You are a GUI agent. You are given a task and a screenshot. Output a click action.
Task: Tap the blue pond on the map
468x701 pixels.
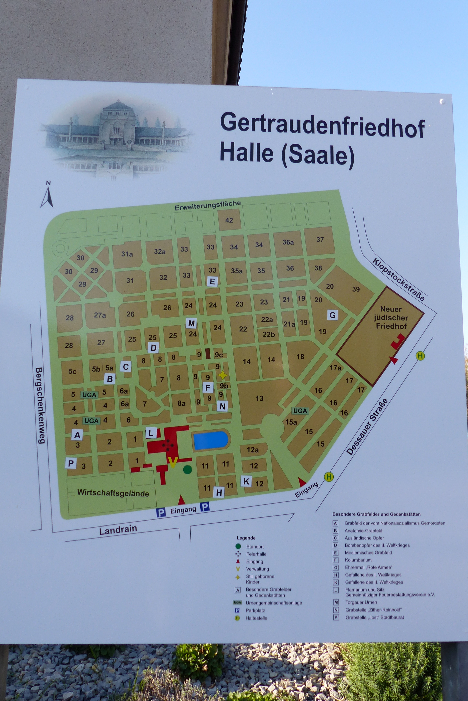click(211, 440)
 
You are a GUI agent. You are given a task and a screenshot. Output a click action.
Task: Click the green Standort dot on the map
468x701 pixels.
click(187, 470)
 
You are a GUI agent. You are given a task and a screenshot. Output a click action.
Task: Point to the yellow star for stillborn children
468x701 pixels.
click(223, 375)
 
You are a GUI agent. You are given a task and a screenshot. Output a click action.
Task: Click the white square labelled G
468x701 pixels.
click(333, 315)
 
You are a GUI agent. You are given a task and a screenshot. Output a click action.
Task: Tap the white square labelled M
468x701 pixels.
click(191, 323)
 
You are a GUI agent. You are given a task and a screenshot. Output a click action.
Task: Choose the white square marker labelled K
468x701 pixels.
click(246, 481)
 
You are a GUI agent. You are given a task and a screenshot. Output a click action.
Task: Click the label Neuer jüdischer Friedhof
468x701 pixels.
click(391, 318)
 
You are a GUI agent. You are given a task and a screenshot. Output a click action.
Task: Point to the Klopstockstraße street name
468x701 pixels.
click(398, 279)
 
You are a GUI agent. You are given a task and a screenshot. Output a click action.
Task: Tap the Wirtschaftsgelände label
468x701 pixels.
click(113, 493)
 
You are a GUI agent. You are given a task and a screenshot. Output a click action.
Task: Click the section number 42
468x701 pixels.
click(229, 220)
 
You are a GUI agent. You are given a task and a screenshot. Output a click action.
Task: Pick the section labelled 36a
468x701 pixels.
click(288, 242)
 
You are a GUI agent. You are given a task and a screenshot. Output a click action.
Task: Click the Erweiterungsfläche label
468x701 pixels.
click(207, 205)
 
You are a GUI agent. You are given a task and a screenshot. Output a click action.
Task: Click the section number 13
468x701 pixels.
click(259, 398)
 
